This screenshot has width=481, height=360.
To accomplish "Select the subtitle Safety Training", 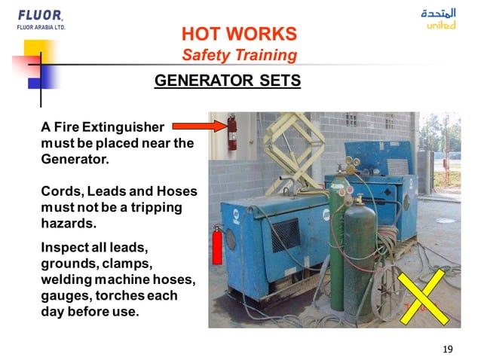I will point(239,55).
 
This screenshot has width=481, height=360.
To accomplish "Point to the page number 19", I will point(449,347).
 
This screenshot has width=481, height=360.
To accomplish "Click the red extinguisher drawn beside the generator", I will point(217,246).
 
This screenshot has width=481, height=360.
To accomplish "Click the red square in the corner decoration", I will point(23,68).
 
